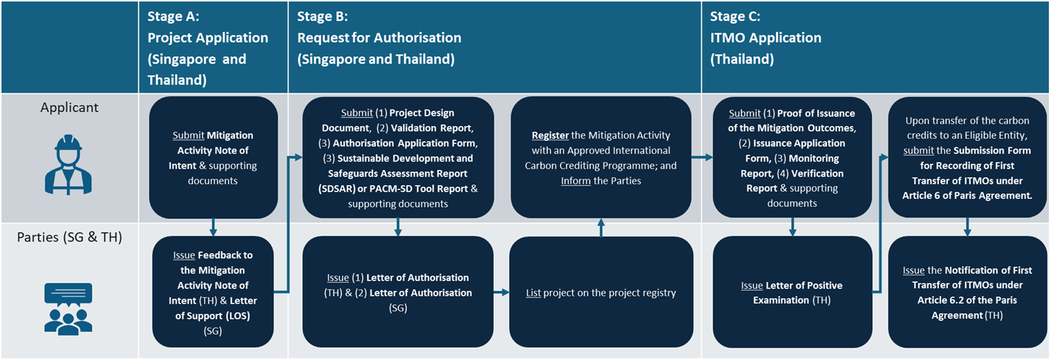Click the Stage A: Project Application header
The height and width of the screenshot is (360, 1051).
[208, 48]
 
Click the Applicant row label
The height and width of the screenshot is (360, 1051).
[69, 108]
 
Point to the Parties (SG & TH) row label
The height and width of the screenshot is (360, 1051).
[69, 236]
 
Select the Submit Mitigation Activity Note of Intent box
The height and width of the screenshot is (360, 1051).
[213, 157]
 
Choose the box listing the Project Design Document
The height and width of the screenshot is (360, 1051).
[398, 157]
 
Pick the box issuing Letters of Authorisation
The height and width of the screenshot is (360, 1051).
[398, 293]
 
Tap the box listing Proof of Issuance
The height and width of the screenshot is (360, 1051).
[793, 157]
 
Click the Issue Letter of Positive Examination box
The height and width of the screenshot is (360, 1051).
[793, 293]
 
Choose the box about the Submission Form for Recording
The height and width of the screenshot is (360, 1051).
[966, 157]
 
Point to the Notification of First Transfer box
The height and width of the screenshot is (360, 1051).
[966, 293]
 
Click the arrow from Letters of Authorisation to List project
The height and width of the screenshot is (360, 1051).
[501, 293]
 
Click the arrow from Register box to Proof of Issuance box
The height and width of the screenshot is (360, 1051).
[702, 155]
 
